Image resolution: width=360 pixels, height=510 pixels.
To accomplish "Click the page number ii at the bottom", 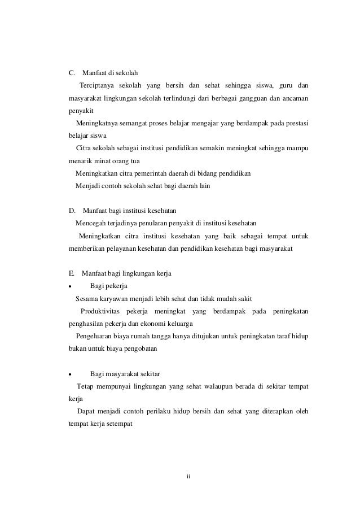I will point(189,477).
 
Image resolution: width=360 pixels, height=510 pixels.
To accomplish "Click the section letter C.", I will point(72,73).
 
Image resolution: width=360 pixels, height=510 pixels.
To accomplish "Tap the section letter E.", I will point(71,273).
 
